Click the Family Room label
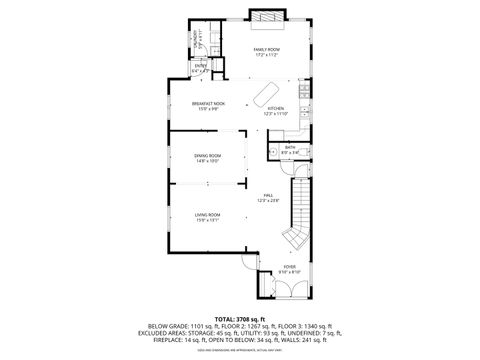point(266,49)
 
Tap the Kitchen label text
point(275,108)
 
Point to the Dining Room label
point(208,156)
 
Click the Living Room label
point(208,215)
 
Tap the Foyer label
point(290,267)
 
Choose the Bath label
point(290,148)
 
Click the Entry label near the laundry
point(200,66)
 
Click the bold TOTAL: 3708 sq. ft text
point(240,318)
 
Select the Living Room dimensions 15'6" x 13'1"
point(208,220)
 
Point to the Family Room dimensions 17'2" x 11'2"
point(266,54)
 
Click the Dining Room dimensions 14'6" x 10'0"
point(208,161)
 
